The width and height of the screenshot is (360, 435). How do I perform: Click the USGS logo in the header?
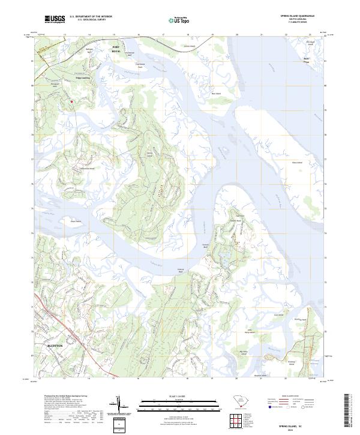click(x=55, y=20)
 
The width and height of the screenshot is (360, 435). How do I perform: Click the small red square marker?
click(x=71, y=101)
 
